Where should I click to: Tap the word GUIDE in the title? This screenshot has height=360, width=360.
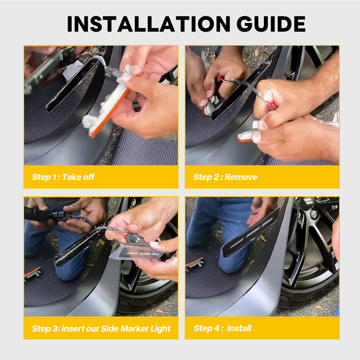pos(271,24)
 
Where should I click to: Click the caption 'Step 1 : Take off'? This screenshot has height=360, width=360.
pos(63,177)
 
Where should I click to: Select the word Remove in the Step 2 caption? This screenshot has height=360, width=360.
pos(241,177)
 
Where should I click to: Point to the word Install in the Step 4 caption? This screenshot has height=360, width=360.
pos(239,328)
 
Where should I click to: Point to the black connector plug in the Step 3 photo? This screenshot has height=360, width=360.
pos(61,216)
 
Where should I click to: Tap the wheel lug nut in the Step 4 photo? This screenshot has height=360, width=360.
pos(314,214)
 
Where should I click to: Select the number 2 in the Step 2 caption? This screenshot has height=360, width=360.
pos(216,177)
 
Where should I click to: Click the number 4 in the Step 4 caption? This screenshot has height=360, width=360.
pos(216,328)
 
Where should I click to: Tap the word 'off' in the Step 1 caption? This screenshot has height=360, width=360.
pos(89,177)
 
